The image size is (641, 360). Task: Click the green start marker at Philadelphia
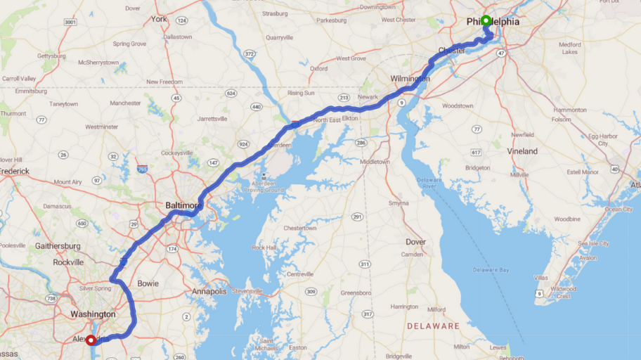click(486, 20)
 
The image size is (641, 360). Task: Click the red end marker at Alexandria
click(91, 340)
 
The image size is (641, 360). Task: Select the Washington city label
click(93, 314)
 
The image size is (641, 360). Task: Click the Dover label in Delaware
click(415, 241)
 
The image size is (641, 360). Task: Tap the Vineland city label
click(522, 151)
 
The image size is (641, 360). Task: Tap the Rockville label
click(67, 262)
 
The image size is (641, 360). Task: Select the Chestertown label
click(300, 229)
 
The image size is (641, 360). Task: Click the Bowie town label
click(148, 283)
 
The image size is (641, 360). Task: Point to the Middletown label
click(375, 162)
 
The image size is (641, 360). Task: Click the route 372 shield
click(249, 53)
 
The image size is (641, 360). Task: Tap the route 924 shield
click(243, 144)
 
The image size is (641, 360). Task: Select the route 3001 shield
click(70, 22)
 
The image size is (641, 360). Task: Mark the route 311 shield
click(364, 264)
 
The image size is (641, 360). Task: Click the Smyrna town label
click(399, 203)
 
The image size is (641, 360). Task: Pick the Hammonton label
click(570, 110)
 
